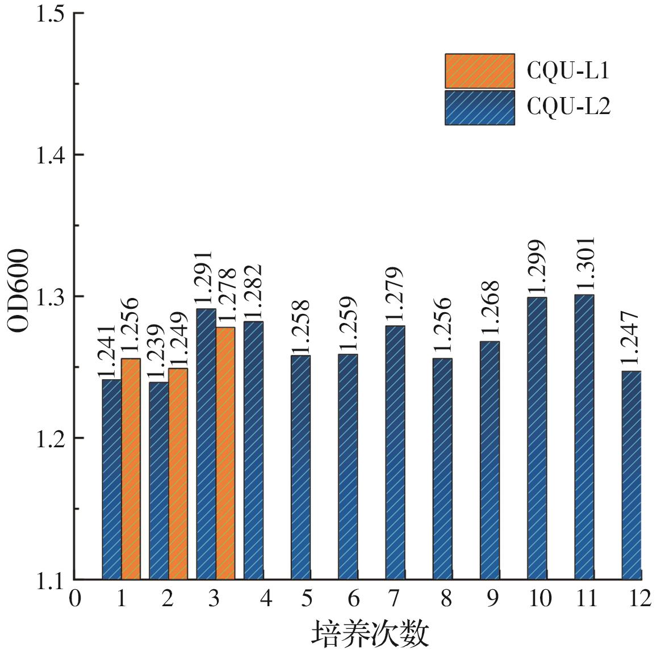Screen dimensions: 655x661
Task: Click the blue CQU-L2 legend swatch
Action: coord(479,107)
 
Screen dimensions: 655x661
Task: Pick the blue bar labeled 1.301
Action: coord(584,437)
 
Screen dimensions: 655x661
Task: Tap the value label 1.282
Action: coord(253,292)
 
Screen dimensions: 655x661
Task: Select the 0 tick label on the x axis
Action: coord(74,598)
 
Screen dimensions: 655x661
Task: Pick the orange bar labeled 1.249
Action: coord(178,474)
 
